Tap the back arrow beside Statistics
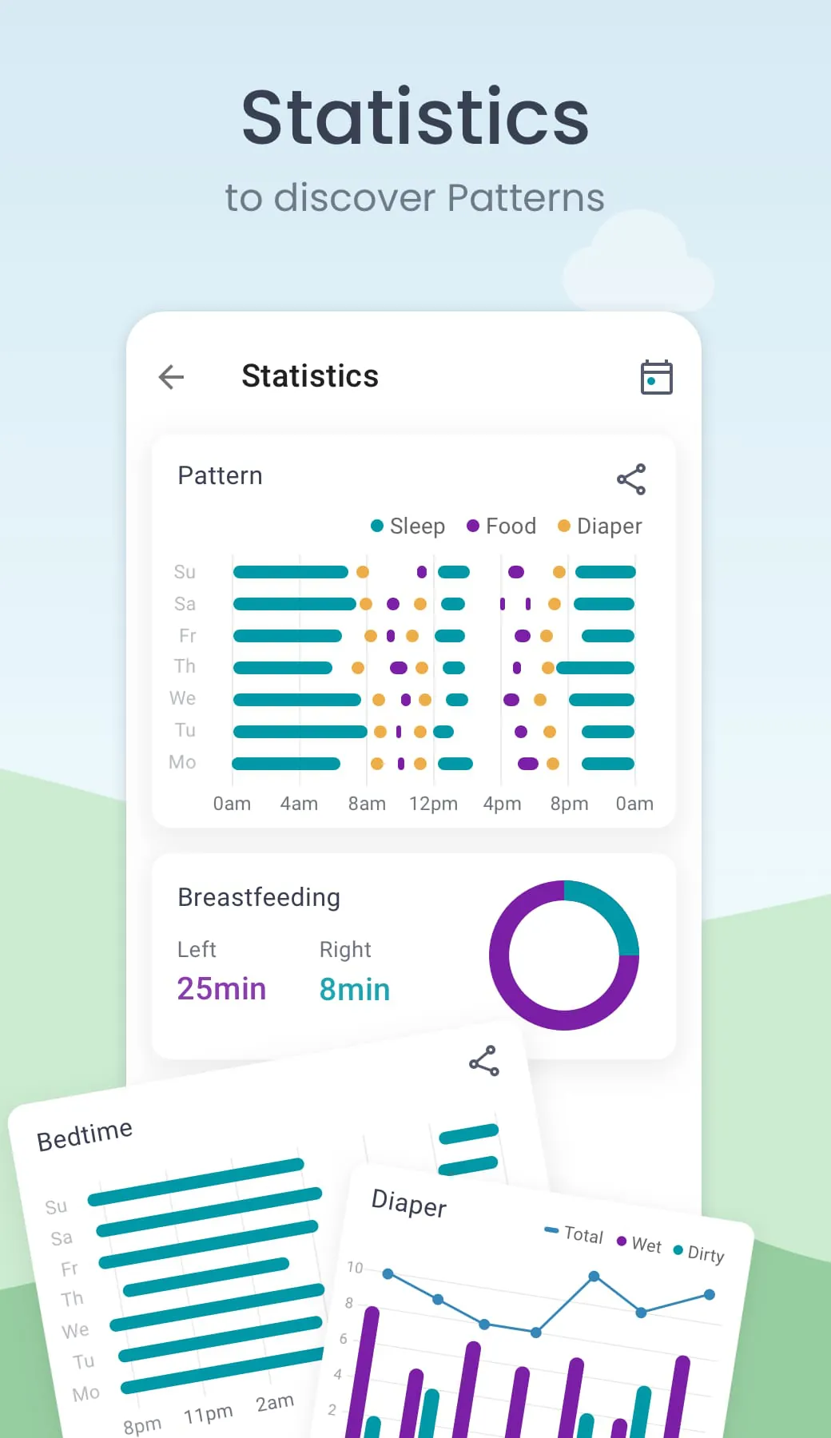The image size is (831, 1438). pyautogui.click(x=172, y=376)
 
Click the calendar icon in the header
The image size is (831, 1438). pyautogui.click(x=656, y=377)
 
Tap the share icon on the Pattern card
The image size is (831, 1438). pyautogui.click(x=631, y=479)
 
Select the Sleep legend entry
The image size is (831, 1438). pyautogui.click(x=408, y=526)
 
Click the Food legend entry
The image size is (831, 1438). pyautogui.click(x=502, y=526)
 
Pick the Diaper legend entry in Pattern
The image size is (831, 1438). pyautogui.click(x=600, y=526)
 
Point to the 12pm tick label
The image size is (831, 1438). pyautogui.click(x=433, y=804)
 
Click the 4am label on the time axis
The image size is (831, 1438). pyautogui.click(x=299, y=804)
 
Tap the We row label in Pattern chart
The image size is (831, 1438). pyautogui.click(x=183, y=698)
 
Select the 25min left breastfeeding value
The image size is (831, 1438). pyautogui.click(x=221, y=989)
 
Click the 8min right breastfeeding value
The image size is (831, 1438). pyautogui.click(x=355, y=990)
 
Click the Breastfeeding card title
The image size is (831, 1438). pyautogui.click(x=259, y=897)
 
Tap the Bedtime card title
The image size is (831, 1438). pyautogui.click(x=85, y=1134)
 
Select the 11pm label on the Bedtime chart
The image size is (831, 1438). pyautogui.click(x=208, y=1414)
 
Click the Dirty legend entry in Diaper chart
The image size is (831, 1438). pyautogui.click(x=699, y=1253)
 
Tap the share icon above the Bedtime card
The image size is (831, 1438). pyautogui.click(x=484, y=1061)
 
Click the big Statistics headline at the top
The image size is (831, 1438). pyautogui.click(x=415, y=117)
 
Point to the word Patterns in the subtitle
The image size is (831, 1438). pyautogui.click(x=526, y=197)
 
